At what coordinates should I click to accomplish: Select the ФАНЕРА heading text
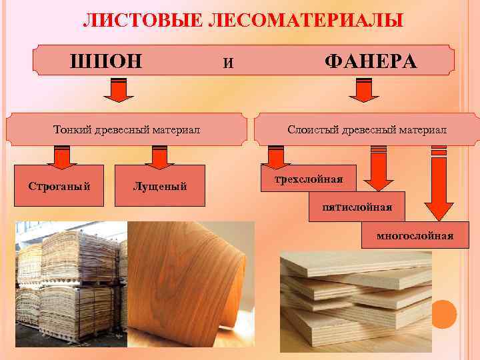pos(370,62)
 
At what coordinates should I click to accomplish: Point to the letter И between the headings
pos(229,64)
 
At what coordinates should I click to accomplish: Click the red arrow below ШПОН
pos(118,91)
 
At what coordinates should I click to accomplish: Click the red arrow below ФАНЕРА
pos(363,91)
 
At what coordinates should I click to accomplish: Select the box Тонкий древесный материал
pos(127,128)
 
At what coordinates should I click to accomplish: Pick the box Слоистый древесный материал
pos(367,128)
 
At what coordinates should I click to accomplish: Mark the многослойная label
pos(415,235)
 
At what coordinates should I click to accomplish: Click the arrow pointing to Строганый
pos(62,157)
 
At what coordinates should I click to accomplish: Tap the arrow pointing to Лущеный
pos(159,157)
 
